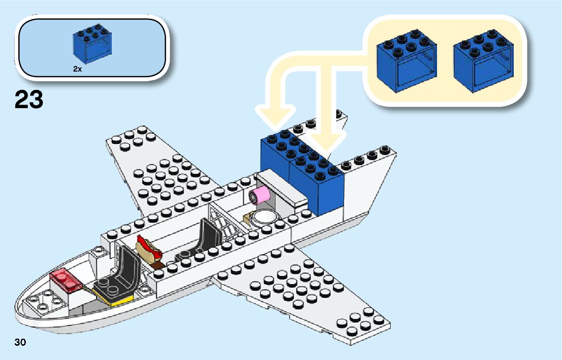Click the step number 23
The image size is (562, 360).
point(29,100)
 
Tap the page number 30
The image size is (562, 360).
point(20,342)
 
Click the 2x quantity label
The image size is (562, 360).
point(77,69)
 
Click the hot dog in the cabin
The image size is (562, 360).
point(149,248)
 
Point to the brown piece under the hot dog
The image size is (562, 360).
point(159,265)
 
